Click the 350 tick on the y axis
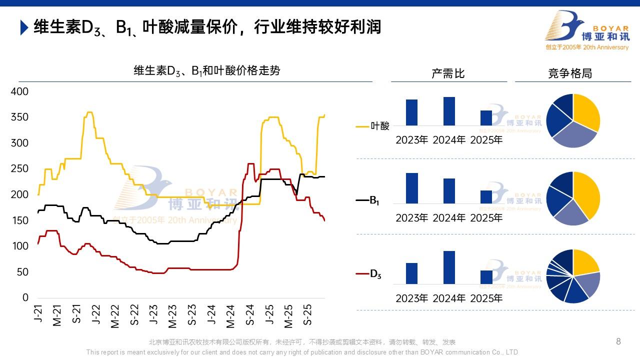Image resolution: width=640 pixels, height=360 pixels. coord(20,117)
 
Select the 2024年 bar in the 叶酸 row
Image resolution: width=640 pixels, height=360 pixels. coord(449,111)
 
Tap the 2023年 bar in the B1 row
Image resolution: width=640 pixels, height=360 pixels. coord(412,188)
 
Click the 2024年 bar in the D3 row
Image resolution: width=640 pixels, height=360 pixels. coord(449,267)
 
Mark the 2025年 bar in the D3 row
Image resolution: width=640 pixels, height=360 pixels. coord(486,277)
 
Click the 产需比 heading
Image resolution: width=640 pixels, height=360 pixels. coord(448,73)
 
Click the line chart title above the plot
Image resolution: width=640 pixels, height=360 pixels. coord(206,71)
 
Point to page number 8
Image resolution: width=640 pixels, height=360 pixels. coord(618,341)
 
